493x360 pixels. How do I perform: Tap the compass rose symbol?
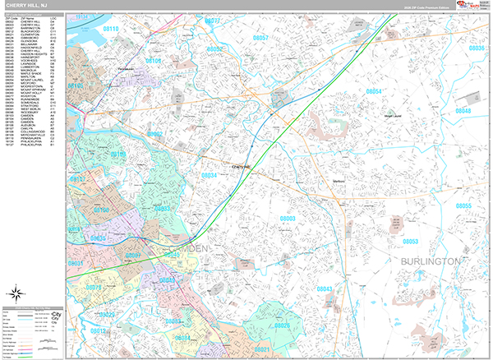coord(16,294)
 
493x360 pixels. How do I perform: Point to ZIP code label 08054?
coord(374,91)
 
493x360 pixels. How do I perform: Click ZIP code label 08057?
coord(259,38)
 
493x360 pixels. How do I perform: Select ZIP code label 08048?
coord(464,111)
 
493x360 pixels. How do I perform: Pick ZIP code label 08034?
coord(210,175)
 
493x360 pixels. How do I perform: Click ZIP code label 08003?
coord(288,219)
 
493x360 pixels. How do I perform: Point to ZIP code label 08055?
coord(464,205)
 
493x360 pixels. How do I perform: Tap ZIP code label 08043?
coord(324,289)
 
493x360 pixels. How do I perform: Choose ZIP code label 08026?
coord(283,326)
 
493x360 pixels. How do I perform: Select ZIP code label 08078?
coord(94,288)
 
